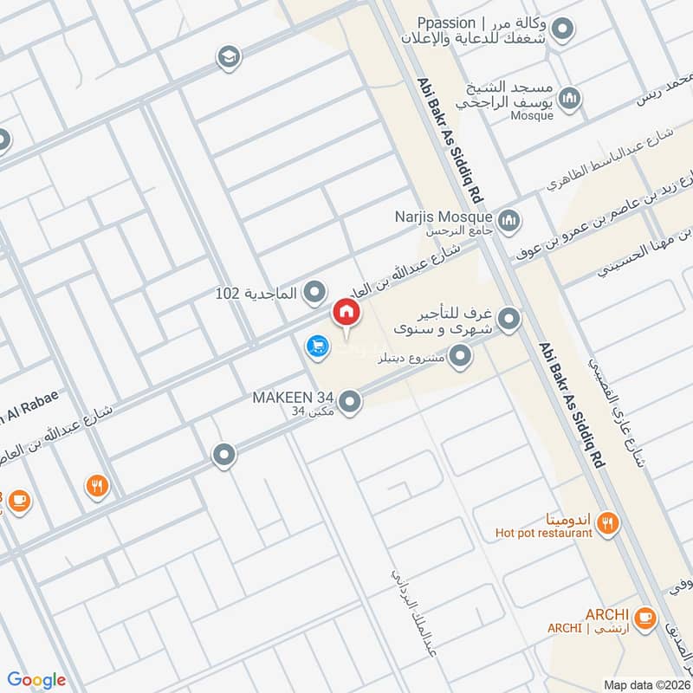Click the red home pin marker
pyautogui.click(x=346, y=312)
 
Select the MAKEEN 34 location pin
pyautogui.click(x=350, y=402)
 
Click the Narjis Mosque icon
pyautogui.click(x=509, y=220)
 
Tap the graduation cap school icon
pyautogui.click(x=229, y=55)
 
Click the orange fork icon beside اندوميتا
pyautogui.click(x=610, y=521)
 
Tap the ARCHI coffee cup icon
pyautogui.click(x=644, y=618)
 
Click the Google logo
pyautogui.click(x=36, y=679)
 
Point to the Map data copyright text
pyautogui.click(x=645, y=684)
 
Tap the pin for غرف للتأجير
pyautogui.click(x=511, y=320)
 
